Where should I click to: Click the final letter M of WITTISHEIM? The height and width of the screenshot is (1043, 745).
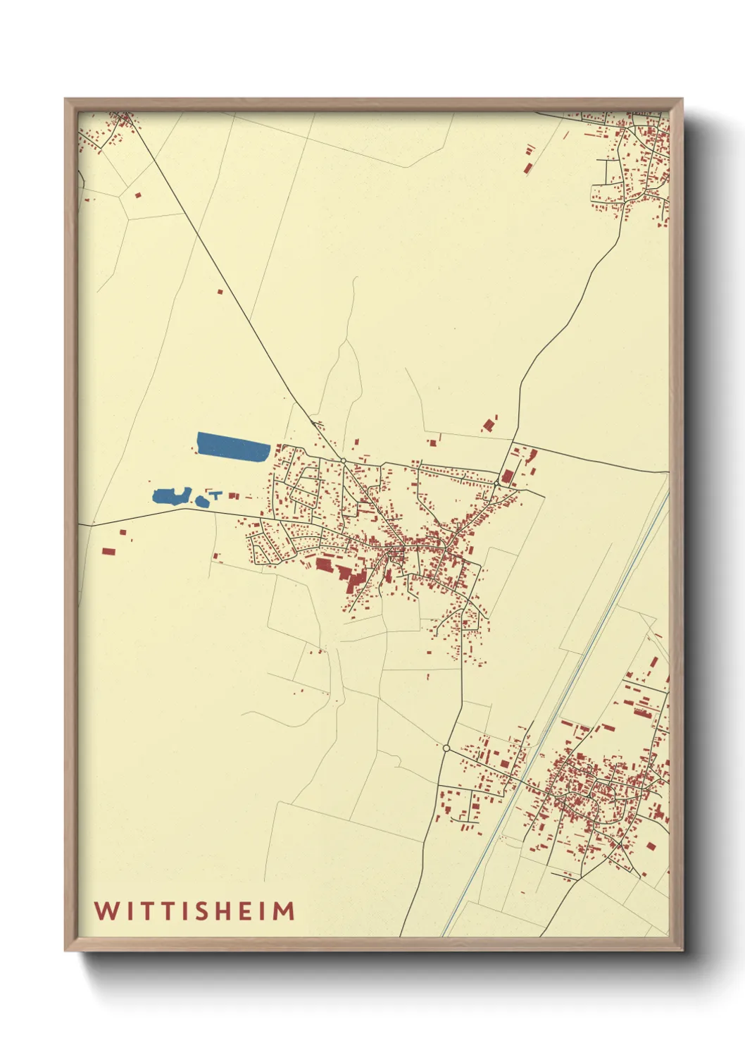pyautogui.click(x=283, y=911)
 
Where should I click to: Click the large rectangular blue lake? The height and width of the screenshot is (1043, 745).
pyautogui.click(x=233, y=446)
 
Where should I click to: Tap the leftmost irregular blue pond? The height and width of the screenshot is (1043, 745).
pyautogui.click(x=167, y=495)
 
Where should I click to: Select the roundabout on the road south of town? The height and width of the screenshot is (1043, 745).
pyautogui.click(x=446, y=748)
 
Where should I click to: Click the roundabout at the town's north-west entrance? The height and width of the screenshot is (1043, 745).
pyautogui.click(x=343, y=460)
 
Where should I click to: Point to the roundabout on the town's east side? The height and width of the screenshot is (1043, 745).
pyautogui.click(x=497, y=483)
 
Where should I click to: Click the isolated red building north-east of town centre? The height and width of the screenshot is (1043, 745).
pyautogui.click(x=489, y=425)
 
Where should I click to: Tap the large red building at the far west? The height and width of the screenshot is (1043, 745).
pyautogui.click(x=108, y=553)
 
